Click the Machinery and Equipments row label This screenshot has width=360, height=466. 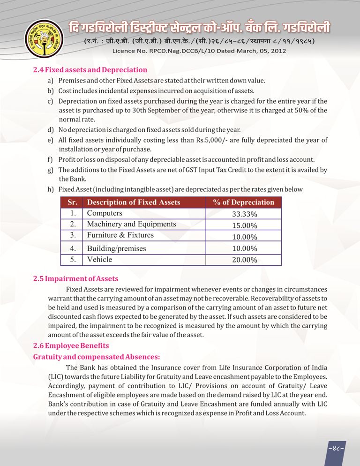pos(131,224)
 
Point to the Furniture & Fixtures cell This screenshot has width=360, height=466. pos(120,235)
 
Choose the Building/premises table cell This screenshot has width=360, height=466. pos(116,248)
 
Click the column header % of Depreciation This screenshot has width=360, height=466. pos(243,202)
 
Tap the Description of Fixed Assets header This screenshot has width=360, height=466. pos(134,202)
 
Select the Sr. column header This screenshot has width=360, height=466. pos(72,202)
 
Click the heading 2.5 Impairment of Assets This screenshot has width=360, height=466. pos(75,279)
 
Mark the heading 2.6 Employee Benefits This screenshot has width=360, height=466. pos(71,346)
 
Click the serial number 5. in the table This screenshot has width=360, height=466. pos(73,259)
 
